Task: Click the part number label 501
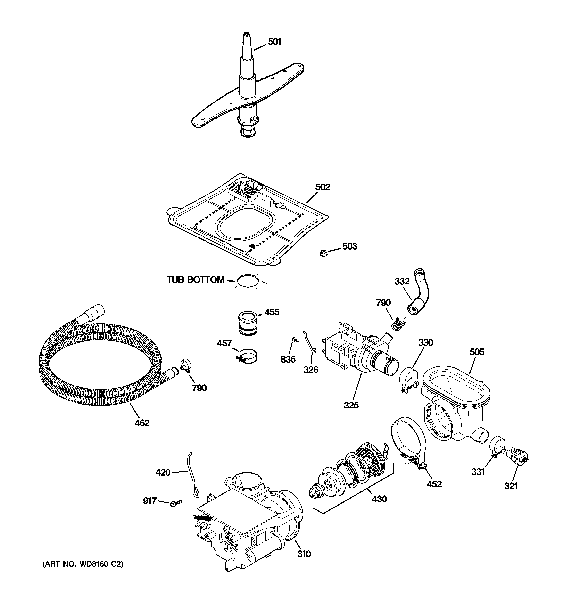click(x=274, y=42)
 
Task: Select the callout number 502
click(x=323, y=187)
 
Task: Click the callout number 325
click(x=351, y=405)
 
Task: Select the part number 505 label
click(x=477, y=352)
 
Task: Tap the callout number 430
click(x=379, y=499)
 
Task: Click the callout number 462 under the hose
click(x=142, y=423)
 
